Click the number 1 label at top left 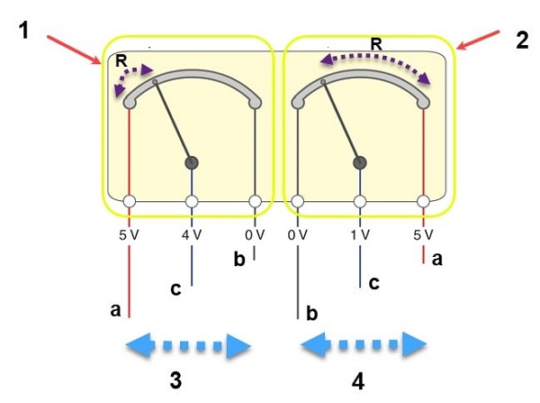[25, 29]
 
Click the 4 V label [191, 234]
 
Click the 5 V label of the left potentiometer [129, 234]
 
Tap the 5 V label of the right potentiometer [423, 234]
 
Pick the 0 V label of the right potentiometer [297, 234]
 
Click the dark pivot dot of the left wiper [191, 162]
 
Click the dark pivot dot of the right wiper [360, 162]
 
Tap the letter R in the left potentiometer [121, 61]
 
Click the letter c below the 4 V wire [175, 289]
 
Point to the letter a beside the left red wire [115, 308]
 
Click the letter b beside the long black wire [312, 313]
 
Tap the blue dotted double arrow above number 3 [186, 344]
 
